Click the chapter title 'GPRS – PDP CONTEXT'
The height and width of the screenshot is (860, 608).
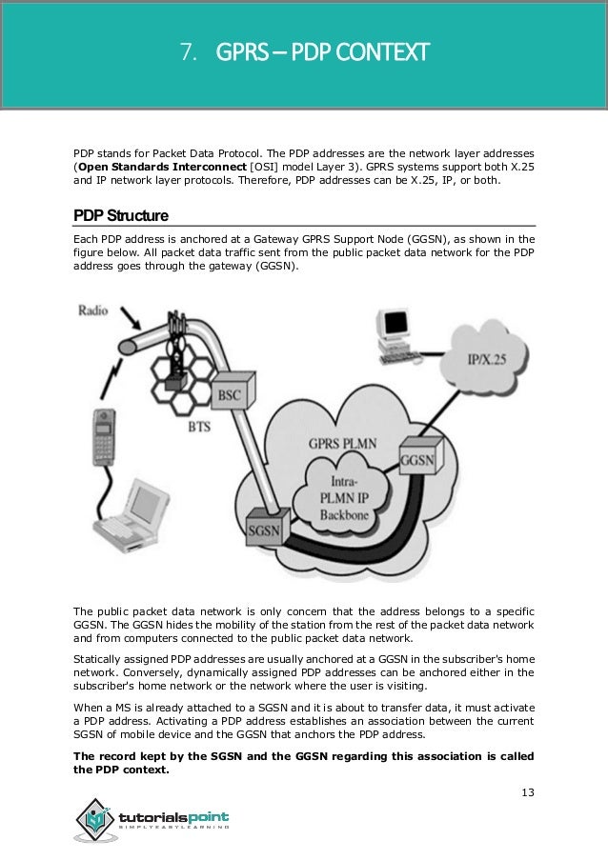click(x=323, y=49)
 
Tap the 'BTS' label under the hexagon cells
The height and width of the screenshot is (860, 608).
click(x=199, y=430)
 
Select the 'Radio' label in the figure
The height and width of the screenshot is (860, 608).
click(x=94, y=310)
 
